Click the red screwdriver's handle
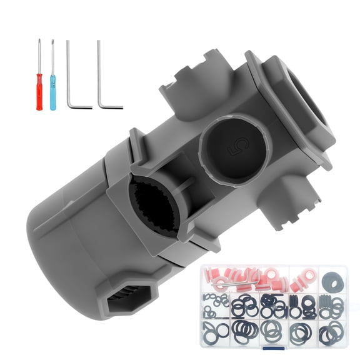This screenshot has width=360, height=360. coord(39,92)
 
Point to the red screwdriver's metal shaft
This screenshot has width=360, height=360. coord(39,56)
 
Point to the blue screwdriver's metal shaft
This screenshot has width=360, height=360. coord(53,57)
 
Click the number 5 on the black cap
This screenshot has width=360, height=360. coord(238,146)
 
